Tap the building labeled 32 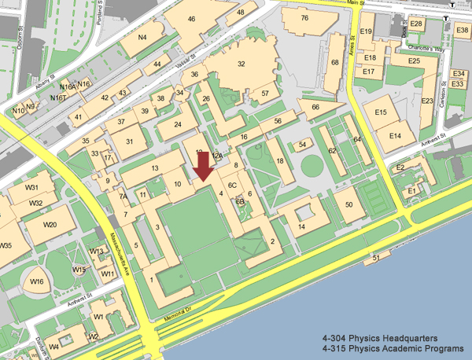(x=241, y=64)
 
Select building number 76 (x=304, y=17)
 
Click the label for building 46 (x=191, y=20)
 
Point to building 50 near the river (x=349, y=204)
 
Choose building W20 (x=50, y=225)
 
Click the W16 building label (x=36, y=281)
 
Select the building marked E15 (x=381, y=113)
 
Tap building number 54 (x=302, y=145)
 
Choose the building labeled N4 (x=142, y=37)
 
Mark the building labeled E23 (x=427, y=101)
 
